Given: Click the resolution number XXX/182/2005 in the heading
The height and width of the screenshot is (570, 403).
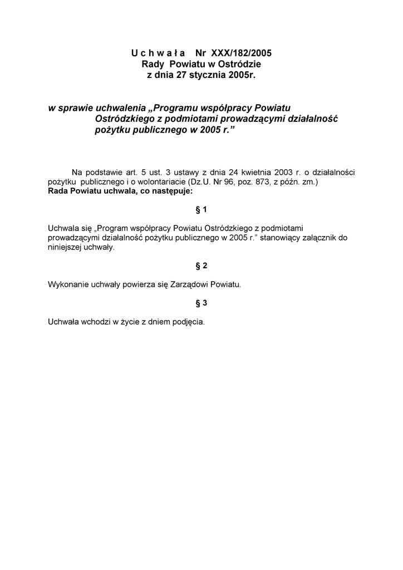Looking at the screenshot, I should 242,53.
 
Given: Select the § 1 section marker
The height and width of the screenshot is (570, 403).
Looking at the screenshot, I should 202,209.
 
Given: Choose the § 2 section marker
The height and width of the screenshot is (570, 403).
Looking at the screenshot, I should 202,266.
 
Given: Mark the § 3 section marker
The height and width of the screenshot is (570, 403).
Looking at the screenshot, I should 202,303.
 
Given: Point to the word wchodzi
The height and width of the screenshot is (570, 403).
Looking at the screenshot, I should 96,321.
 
